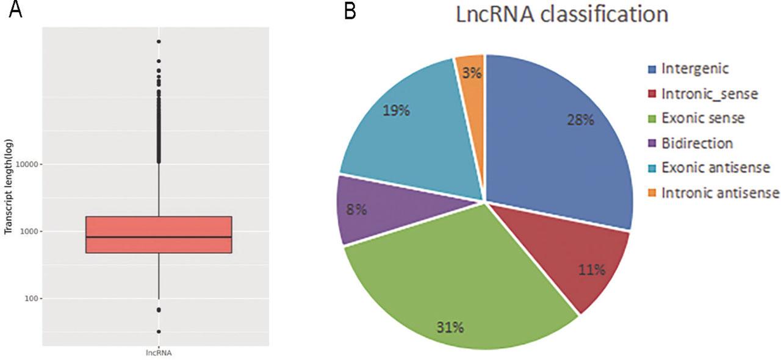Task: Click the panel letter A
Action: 15,10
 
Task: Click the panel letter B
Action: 350,10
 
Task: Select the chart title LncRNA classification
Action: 562,14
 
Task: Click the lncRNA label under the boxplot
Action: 159,353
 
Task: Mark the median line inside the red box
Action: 159,237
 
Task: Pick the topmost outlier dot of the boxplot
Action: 159,41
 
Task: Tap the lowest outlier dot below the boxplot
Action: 159,332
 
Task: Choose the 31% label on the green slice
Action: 450,328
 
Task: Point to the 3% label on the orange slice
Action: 472,73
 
